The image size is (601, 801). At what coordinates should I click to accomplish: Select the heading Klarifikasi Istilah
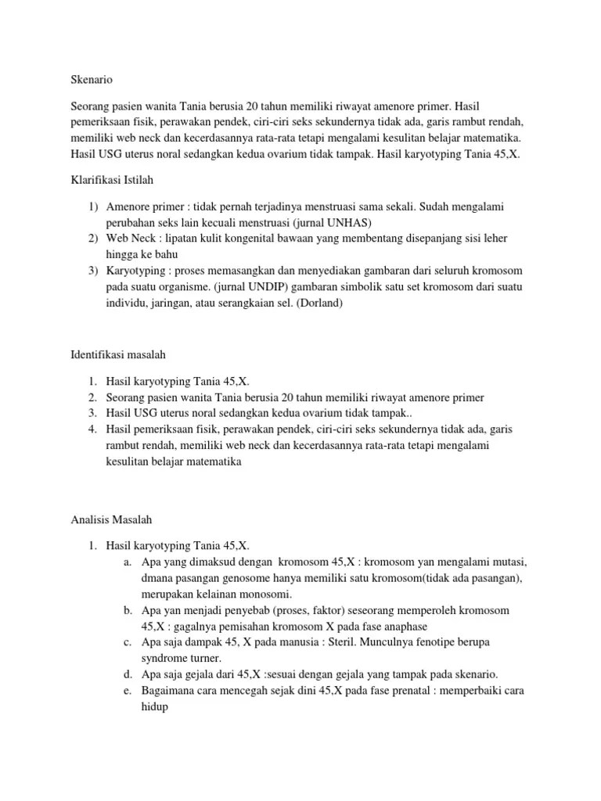pyautogui.click(x=110, y=180)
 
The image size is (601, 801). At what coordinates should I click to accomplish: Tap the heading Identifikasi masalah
pyautogui.click(x=113, y=357)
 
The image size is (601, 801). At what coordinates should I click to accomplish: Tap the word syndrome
pyautogui.click(x=167, y=658)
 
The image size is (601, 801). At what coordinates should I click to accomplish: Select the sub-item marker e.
pyautogui.click(x=127, y=690)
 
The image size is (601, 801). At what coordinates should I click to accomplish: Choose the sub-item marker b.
pyautogui.click(x=127, y=609)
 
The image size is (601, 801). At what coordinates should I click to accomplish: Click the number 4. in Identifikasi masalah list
pyautogui.click(x=92, y=429)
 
